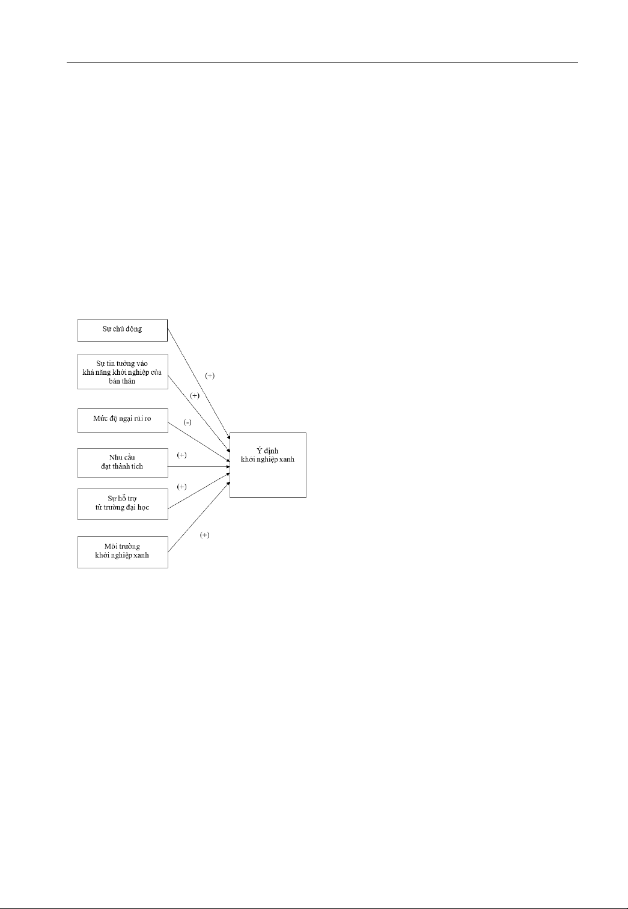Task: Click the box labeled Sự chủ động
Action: click(x=123, y=330)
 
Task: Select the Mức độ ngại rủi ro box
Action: click(x=123, y=421)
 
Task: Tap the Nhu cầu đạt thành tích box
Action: click(x=123, y=463)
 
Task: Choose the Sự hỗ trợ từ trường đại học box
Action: click(x=123, y=504)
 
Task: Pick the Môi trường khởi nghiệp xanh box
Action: click(x=123, y=552)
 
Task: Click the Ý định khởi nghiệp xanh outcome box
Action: click(x=268, y=465)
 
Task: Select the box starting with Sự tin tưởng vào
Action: click(x=123, y=372)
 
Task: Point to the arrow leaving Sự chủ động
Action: click(x=199, y=385)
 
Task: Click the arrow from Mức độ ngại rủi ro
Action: click(x=199, y=442)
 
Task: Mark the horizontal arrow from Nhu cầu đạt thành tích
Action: click(x=199, y=467)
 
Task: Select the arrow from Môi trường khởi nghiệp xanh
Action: click(x=199, y=517)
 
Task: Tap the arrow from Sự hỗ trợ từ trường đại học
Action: click(x=199, y=490)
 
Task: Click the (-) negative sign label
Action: click(x=187, y=422)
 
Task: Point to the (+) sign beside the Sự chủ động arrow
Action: click(x=210, y=375)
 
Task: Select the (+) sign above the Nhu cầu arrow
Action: click(x=182, y=455)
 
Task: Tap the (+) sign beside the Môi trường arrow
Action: click(x=204, y=535)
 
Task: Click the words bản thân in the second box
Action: click(x=122, y=381)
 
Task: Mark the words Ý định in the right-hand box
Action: click(x=267, y=451)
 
